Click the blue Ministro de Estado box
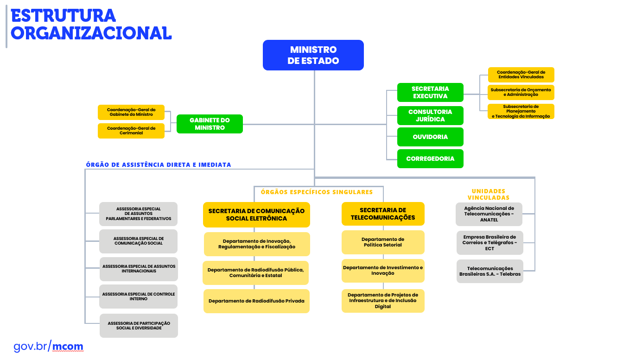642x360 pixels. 313,55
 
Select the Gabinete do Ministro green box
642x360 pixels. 210,124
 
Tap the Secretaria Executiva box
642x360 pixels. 430,92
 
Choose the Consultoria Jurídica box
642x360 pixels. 430,115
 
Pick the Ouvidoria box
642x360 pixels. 430,137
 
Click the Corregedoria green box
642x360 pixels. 430,158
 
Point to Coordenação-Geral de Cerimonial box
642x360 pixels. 131,131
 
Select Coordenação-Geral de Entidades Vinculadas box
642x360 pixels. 521,75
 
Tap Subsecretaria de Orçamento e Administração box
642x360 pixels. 521,92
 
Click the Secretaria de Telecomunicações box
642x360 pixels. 383,214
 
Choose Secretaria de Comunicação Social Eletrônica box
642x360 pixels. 256,215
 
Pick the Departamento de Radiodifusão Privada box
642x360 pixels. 256,301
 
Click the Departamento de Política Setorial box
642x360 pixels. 383,242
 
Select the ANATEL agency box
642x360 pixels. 489,214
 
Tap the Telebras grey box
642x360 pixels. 489,271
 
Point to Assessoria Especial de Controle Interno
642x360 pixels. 138,297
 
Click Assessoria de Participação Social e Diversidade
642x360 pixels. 139,325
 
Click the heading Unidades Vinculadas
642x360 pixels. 488,194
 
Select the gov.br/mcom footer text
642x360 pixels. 48,346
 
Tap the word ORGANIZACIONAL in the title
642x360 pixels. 91,33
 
